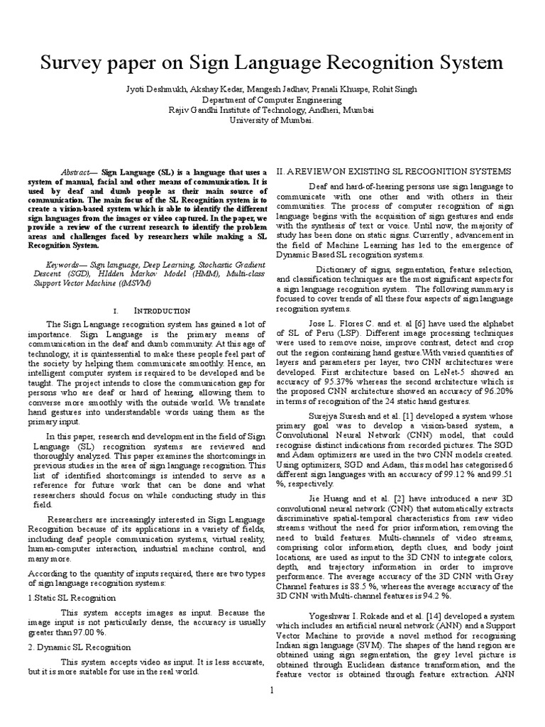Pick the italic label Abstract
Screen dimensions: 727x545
click(x=78, y=173)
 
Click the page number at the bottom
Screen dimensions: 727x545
click(x=272, y=709)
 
